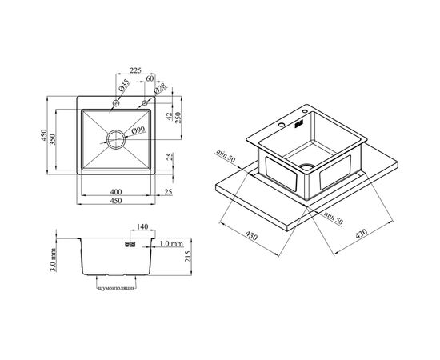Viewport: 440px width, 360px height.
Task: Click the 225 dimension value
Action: tap(135, 70)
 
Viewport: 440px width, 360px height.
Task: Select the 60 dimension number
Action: tap(150, 78)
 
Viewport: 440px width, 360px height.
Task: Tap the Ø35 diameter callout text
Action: tap(124, 86)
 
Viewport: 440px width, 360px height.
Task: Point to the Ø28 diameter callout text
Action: tap(160, 88)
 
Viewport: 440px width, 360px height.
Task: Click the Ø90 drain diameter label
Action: tap(138, 130)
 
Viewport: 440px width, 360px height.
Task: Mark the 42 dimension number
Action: tap(169, 116)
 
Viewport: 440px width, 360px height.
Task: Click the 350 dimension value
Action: tap(53, 139)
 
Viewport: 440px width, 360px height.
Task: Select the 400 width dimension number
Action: tap(116, 192)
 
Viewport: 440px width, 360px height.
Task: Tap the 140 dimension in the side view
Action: tap(142, 226)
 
